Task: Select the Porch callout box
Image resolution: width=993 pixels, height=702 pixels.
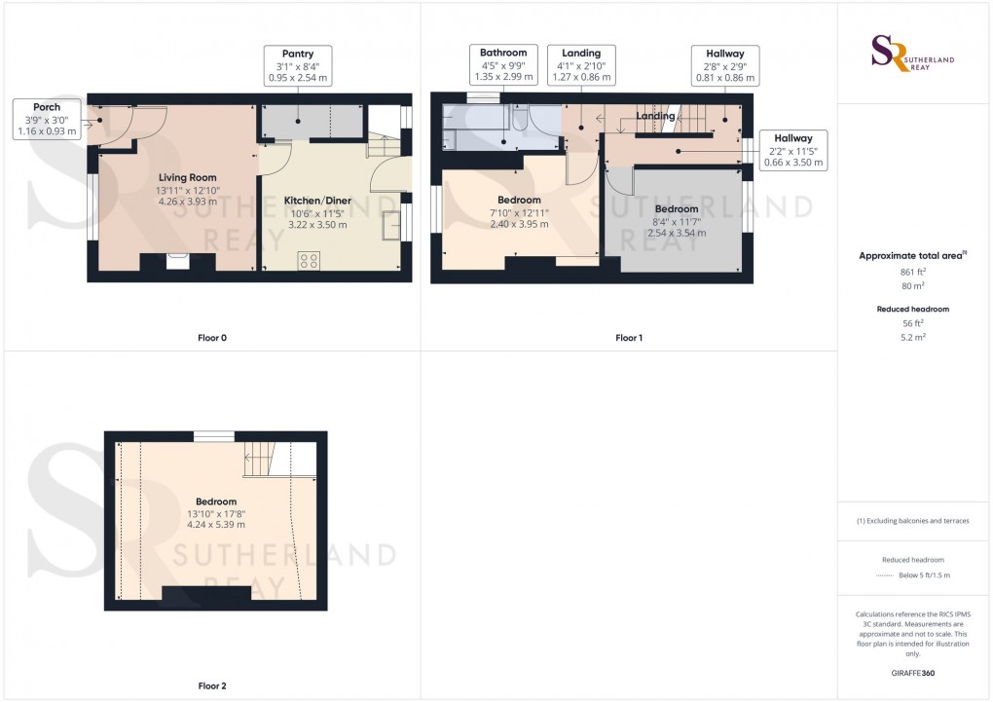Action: coord(46,119)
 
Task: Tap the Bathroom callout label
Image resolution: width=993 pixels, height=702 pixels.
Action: coord(502,64)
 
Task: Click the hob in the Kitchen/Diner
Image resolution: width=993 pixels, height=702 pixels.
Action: coord(309,260)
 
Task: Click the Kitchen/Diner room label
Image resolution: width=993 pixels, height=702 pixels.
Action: coord(317,201)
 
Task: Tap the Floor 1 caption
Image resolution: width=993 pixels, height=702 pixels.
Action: coord(628,338)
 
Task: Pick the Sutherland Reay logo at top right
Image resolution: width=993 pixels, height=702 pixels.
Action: coord(912,54)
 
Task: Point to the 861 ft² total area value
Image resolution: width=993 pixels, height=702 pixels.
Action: coord(913,272)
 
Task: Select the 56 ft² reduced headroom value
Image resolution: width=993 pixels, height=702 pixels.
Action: coord(913,322)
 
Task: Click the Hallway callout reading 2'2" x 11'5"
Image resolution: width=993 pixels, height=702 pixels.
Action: coord(794,151)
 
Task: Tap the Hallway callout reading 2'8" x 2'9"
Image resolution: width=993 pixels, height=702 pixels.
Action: coord(718,64)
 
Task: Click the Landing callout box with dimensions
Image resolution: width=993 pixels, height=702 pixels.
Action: coord(581,64)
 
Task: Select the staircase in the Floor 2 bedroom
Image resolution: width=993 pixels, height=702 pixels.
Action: coord(258,457)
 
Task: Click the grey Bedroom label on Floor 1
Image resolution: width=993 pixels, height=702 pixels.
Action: coord(676,209)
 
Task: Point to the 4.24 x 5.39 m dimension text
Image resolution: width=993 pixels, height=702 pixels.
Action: coord(216,525)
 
